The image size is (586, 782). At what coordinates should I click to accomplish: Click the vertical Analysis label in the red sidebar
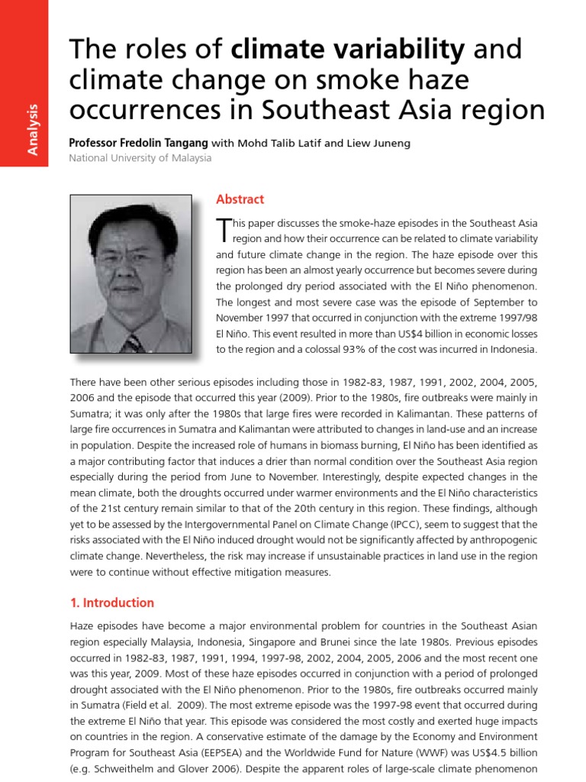click(33, 131)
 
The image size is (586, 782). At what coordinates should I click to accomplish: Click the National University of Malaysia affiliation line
click(140, 158)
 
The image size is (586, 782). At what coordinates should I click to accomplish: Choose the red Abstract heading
click(240, 199)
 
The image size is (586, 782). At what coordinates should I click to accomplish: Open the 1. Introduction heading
click(111, 603)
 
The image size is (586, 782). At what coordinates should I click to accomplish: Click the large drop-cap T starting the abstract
click(223, 229)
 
